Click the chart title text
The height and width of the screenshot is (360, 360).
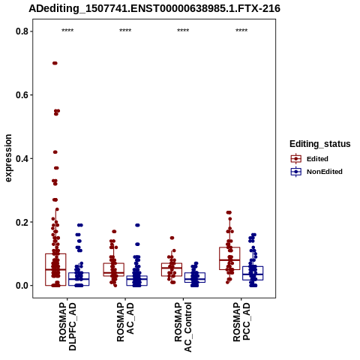click(x=154, y=9)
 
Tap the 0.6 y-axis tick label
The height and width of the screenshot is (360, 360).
click(x=21, y=95)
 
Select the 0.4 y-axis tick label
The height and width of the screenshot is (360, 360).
click(x=21, y=158)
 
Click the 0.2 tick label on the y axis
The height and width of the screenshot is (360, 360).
click(x=21, y=222)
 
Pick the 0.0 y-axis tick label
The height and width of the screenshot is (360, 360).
click(x=21, y=286)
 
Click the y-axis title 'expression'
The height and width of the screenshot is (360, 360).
click(x=8, y=158)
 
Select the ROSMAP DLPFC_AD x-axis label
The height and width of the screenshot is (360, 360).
click(x=67, y=326)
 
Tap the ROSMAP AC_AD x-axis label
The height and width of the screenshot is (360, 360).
click(x=125, y=322)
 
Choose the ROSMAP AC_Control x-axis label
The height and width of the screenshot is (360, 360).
click(x=183, y=327)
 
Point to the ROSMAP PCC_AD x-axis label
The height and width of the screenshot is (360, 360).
click(x=241, y=322)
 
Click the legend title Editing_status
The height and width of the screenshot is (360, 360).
click(x=320, y=144)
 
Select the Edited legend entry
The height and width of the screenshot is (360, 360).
click(x=310, y=159)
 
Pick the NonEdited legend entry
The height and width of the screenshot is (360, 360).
click(x=316, y=172)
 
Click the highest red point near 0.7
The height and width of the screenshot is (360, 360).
click(x=55, y=63)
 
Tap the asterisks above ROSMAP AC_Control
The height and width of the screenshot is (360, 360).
click(x=183, y=31)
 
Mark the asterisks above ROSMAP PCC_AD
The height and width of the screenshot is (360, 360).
click(x=241, y=31)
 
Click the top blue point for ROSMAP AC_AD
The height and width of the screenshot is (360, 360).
click(x=137, y=225)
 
